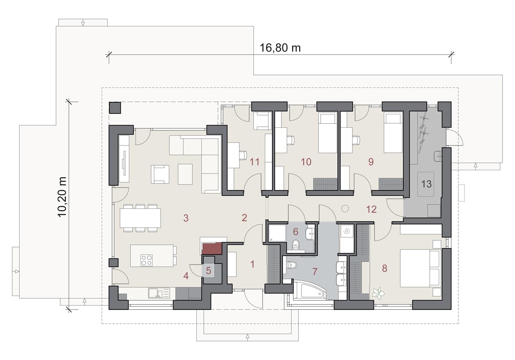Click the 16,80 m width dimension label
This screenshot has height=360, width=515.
[x=280, y=48]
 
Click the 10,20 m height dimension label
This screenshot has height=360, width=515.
[x=62, y=197]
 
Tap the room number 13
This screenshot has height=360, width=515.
[x=426, y=184]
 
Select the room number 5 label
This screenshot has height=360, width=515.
[x=209, y=271]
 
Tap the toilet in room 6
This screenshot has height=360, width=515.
[x=295, y=245]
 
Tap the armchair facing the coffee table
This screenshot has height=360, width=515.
[x=160, y=174]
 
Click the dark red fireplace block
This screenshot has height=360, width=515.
[x=211, y=248]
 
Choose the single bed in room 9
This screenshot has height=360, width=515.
[x=393, y=132]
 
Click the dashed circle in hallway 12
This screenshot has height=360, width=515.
[x=345, y=208]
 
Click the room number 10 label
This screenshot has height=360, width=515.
[x=306, y=162]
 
